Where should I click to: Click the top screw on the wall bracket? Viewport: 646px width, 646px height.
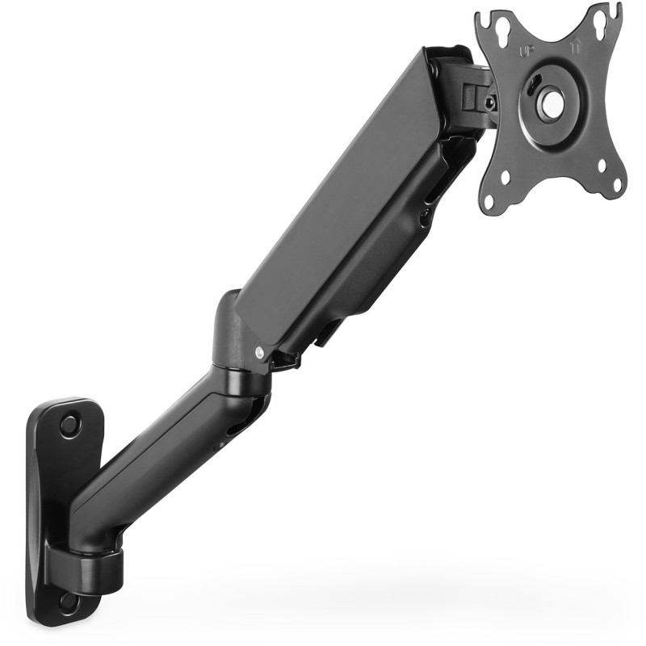pyautogui.click(x=68, y=422)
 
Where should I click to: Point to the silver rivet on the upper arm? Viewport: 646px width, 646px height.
pyautogui.click(x=258, y=351)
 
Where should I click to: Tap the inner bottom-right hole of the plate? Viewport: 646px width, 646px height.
pyautogui.click(x=601, y=167)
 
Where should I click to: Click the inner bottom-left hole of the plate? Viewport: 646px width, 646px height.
pyautogui.click(x=507, y=176)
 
